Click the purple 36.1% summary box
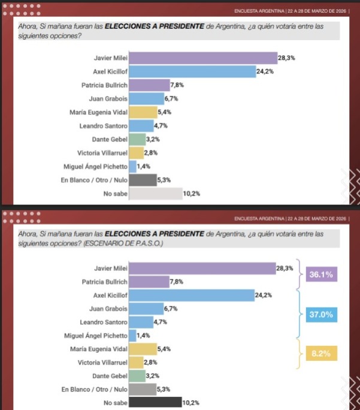pyautogui.click(x=321, y=275)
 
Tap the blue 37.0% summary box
pyautogui.click(x=321, y=315)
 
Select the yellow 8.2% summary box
pyautogui.click(x=321, y=354)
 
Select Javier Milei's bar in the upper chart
pyautogui.click(x=202, y=58)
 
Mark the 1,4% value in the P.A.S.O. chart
pyautogui.click(x=144, y=336)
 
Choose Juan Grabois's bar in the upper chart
pyautogui.click(x=146, y=99)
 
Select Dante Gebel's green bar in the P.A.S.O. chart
pyautogui.click(x=137, y=376)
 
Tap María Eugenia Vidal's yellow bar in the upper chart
pyautogui.click(x=143, y=112)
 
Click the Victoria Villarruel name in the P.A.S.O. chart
pyautogui.click(x=102, y=362)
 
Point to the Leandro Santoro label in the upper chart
pyautogui.click(x=103, y=126)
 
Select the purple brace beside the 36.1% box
pyautogui.click(x=300, y=275)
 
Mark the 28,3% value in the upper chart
pyautogui.click(x=286, y=58)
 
